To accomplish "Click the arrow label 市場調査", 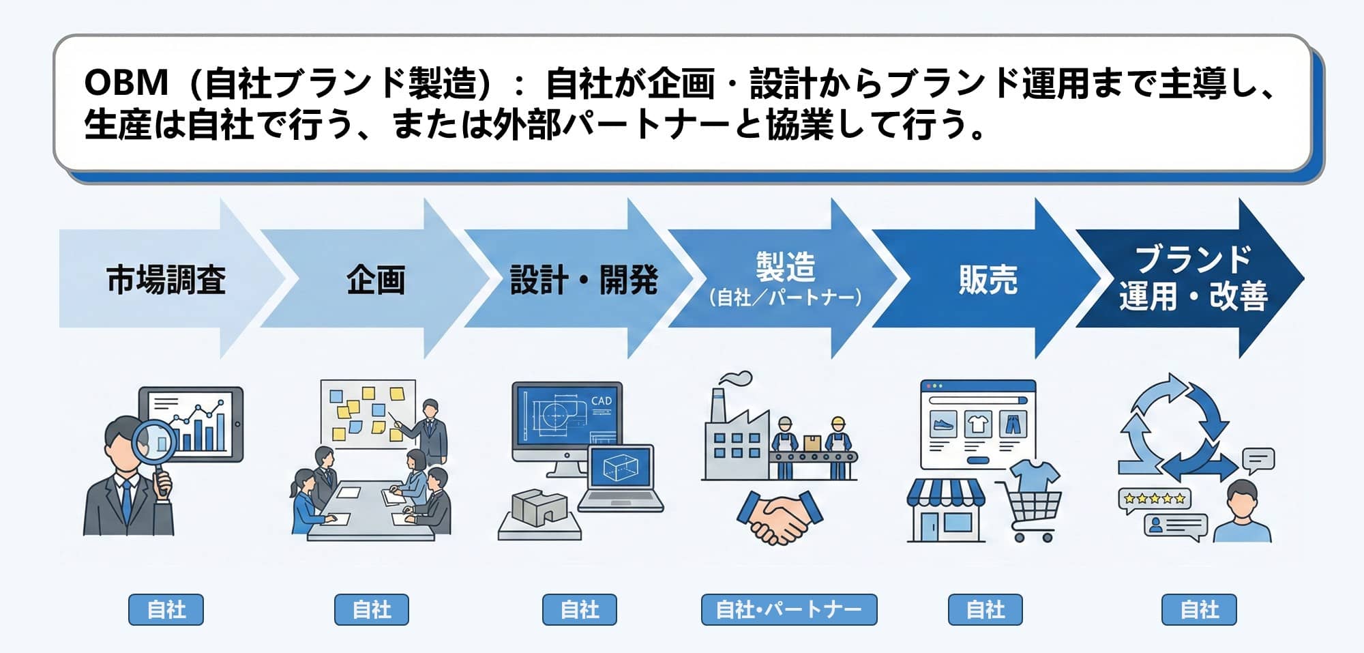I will pyautogui.click(x=166, y=280).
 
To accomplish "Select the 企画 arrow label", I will pyautogui.click(x=375, y=280).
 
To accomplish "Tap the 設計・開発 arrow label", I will pyautogui.click(x=584, y=280).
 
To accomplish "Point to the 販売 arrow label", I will pyautogui.click(x=988, y=280).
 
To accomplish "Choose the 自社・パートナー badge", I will pyautogui.click(x=789, y=609).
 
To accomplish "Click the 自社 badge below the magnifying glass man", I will pyautogui.click(x=166, y=609).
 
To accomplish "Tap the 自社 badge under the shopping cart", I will pyautogui.click(x=985, y=609).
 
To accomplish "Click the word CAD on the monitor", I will pyautogui.click(x=601, y=401).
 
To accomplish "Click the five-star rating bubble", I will pyautogui.click(x=1154, y=499).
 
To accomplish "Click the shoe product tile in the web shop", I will pyautogui.click(x=944, y=424).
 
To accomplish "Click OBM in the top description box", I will pyautogui.click(x=126, y=83).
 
